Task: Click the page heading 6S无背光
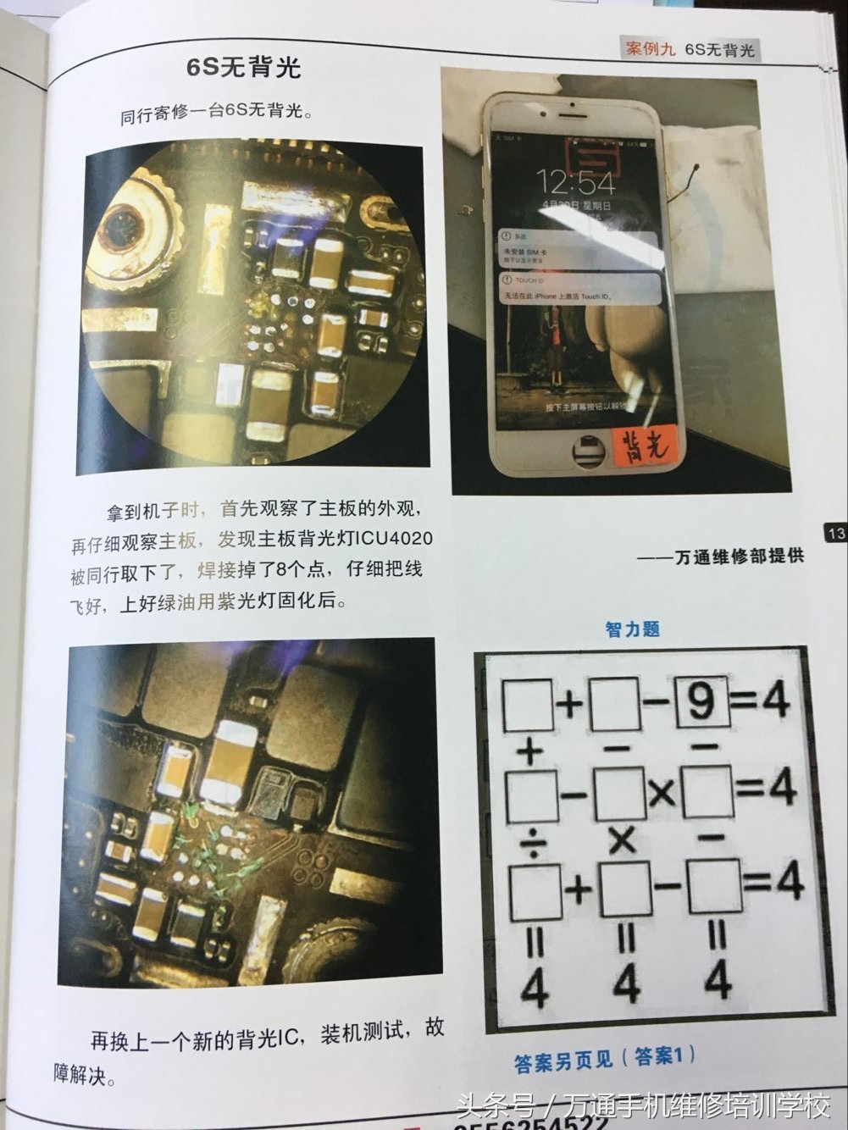(x=244, y=69)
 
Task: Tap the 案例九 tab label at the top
(x=651, y=49)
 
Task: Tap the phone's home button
(x=585, y=451)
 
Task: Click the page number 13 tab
(x=835, y=533)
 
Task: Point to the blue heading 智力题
(x=632, y=629)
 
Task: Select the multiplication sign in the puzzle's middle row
(x=663, y=792)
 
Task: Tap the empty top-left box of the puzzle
(x=529, y=705)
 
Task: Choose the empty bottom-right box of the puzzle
(x=713, y=886)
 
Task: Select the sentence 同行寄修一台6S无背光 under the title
(x=217, y=114)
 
